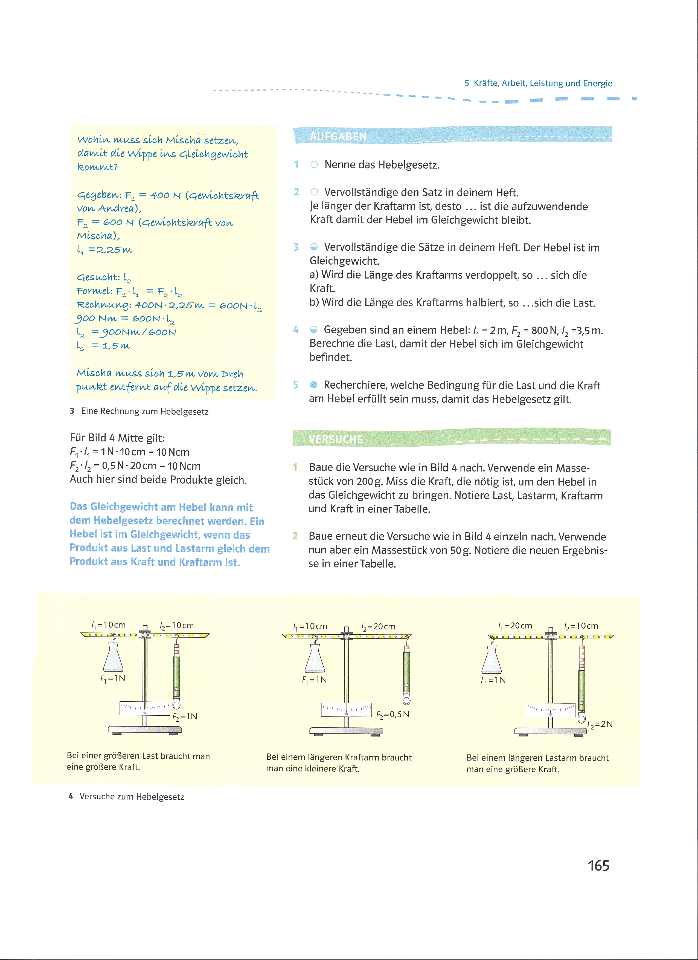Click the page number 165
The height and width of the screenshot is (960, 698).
[598, 866]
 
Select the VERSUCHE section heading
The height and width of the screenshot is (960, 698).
[336, 439]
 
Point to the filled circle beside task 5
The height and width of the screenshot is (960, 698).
[313, 385]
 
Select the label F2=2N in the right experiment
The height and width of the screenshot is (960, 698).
[600, 724]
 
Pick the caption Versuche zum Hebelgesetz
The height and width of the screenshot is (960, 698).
[132, 797]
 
